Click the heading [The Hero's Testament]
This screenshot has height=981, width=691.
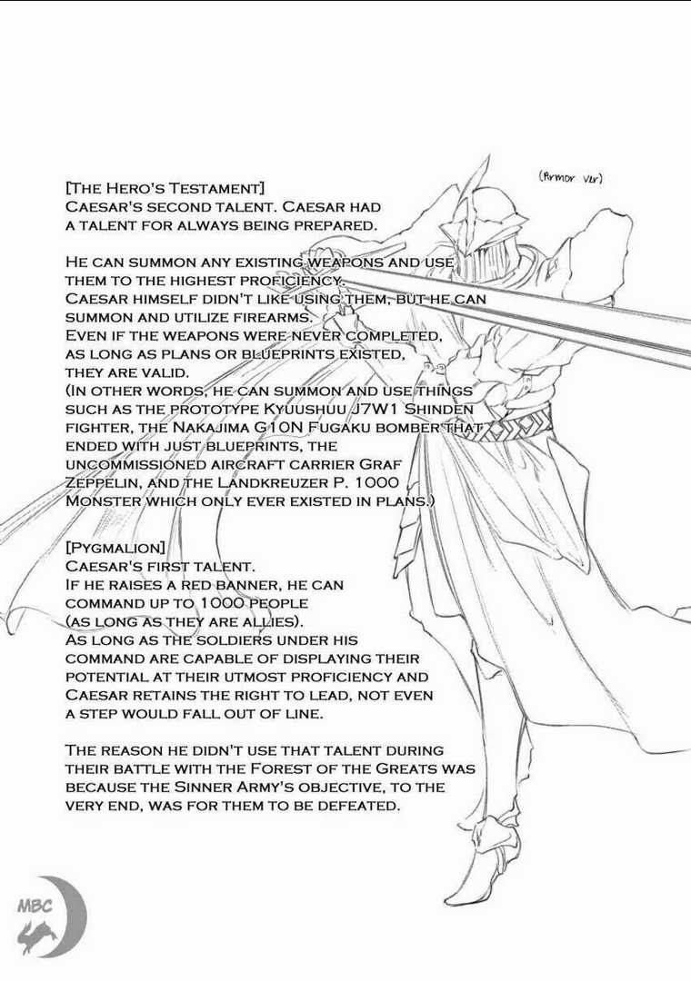click(165, 189)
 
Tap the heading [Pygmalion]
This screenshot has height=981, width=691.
click(115, 549)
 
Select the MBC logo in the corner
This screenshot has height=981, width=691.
click(50, 911)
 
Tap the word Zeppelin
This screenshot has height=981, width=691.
click(104, 482)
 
